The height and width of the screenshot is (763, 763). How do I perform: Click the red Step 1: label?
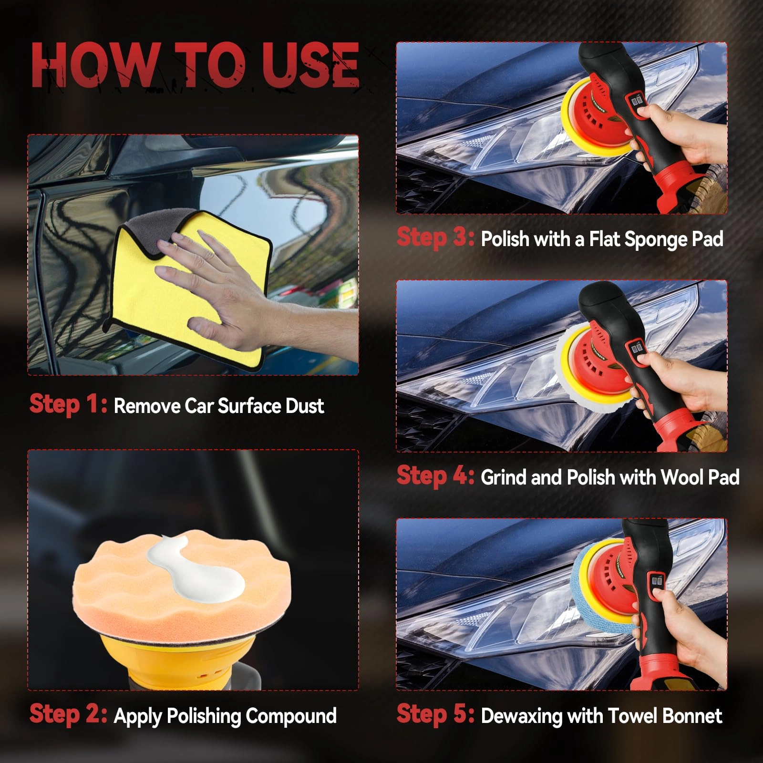[68, 404]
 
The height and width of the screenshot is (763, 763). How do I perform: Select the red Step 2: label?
[68, 714]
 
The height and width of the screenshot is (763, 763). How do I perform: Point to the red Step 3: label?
[435, 237]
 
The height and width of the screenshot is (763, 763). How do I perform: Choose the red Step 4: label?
[435, 476]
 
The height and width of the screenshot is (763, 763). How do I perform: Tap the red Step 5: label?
[435, 714]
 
